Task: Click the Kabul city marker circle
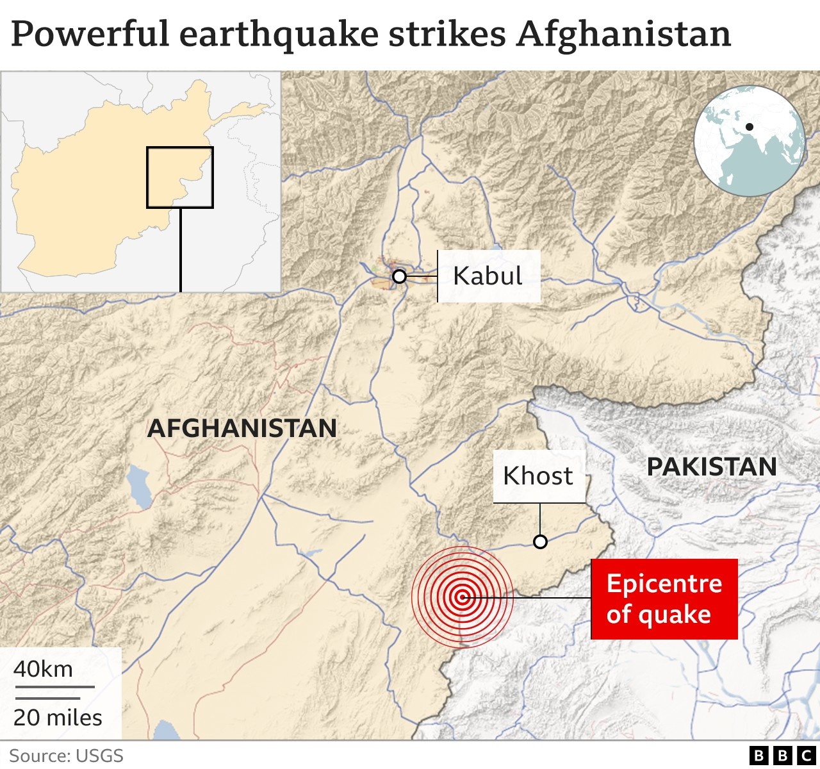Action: pos(399,277)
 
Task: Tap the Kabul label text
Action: pos(488,276)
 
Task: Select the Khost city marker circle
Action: pos(540,542)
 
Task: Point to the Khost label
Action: pos(538,476)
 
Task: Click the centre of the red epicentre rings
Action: pos(462,597)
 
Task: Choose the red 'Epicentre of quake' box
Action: pos(664,599)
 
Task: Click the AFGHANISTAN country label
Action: pos(242,428)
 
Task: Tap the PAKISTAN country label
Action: pos(712,467)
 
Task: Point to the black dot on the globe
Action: pos(749,127)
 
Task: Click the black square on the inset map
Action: pos(180,178)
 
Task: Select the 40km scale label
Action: pos(44,669)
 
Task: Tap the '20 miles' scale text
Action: pos(58,717)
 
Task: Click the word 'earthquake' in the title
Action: pos(279,35)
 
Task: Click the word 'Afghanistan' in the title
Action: pos(623,35)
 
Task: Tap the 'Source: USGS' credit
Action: pos(66,756)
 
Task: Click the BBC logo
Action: pos(782,756)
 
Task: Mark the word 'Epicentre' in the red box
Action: pos(664,584)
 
